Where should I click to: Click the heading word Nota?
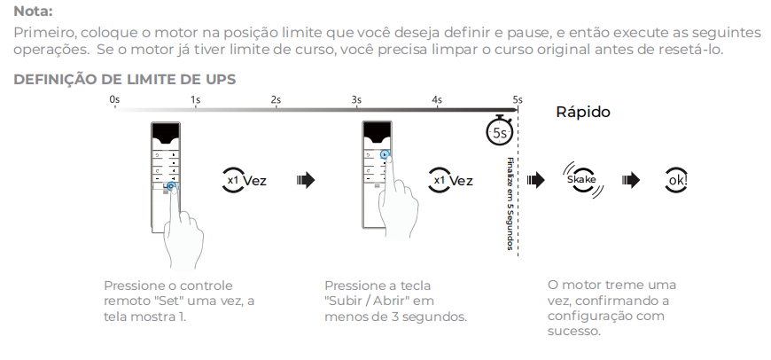(34, 12)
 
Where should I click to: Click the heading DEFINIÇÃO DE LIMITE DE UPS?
(124, 80)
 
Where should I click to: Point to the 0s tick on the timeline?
(114, 99)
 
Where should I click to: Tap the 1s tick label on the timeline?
(195, 99)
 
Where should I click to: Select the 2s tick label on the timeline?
(276, 99)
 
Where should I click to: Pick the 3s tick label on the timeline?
(356, 99)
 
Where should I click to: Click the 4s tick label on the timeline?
(437, 99)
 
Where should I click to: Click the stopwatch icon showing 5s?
(500, 131)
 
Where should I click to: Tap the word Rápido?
(582, 113)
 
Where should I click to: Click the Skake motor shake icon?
(581, 180)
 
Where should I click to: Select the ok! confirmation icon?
(678, 180)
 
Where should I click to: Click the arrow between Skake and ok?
(630, 180)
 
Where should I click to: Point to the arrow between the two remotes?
(305, 180)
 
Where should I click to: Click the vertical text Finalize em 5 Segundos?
(510, 204)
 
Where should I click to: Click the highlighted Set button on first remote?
(169, 186)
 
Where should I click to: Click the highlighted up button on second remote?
(385, 153)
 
